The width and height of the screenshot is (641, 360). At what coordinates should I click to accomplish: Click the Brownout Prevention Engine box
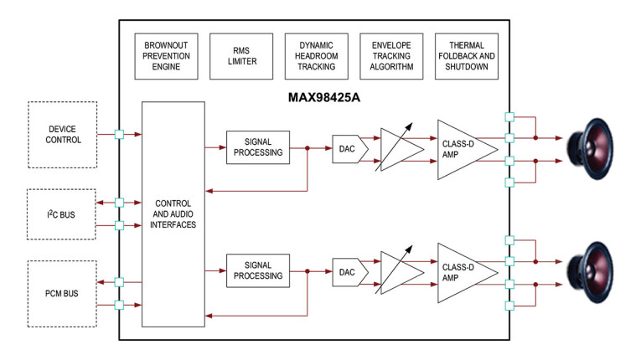166,56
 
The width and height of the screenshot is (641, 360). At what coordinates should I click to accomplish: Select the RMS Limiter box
240,56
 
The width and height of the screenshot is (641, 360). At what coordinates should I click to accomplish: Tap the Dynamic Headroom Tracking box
316,56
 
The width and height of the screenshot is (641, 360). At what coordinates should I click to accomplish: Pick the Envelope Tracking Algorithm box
391,56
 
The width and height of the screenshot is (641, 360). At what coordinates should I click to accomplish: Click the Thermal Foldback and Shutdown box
467,56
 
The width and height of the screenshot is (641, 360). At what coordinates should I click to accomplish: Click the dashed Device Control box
63,134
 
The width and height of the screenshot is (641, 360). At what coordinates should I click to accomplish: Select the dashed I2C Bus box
63,213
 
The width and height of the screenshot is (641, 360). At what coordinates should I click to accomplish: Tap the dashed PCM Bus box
63,293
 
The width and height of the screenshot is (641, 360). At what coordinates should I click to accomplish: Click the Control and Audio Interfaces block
173,213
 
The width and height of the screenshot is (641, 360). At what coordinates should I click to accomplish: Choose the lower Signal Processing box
257,270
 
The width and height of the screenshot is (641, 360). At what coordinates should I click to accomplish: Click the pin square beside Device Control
119,134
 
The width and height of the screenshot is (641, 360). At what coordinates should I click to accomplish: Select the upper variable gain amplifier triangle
395,148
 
